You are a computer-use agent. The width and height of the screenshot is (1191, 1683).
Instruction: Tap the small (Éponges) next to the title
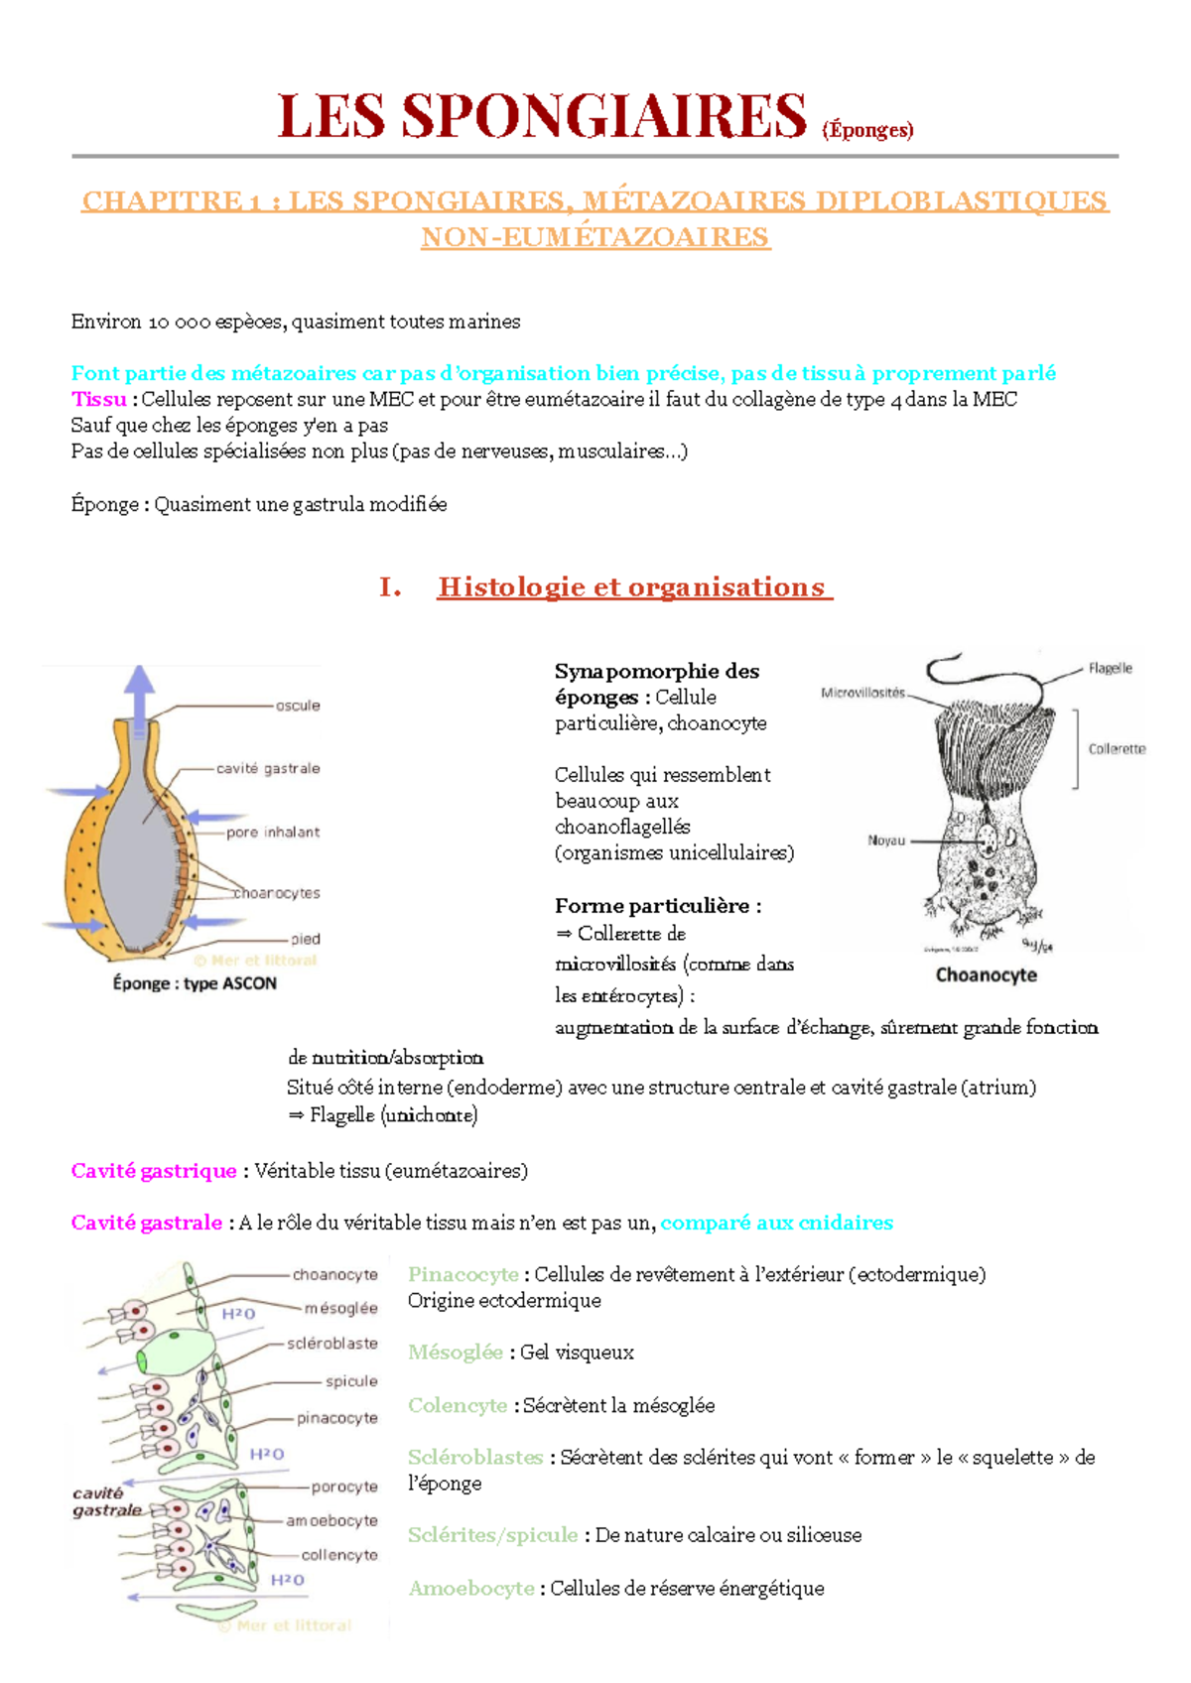tap(867, 130)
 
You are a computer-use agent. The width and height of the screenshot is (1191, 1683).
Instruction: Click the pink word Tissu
tap(98, 400)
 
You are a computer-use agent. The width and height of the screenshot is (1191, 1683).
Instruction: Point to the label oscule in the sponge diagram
tap(298, 706)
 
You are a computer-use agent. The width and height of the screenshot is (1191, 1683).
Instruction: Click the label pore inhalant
tap(273, 833)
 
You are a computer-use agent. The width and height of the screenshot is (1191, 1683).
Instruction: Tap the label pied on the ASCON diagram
tap(306, 939)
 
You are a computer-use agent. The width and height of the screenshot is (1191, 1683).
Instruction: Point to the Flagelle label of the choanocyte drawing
tap(1110, 669)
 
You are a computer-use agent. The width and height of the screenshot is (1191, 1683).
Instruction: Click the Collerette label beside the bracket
tap(1117, 749)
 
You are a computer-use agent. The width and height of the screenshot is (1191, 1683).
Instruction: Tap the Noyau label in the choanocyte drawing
tap(886, 841)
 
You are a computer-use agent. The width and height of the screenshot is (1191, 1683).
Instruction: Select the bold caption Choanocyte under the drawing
tap(986, 975)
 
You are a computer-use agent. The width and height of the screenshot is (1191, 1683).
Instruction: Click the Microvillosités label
tap(862, 693)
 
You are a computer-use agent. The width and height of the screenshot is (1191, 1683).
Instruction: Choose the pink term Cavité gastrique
tap(154, 1172)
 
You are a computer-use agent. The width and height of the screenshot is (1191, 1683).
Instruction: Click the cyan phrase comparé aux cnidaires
tap(776, 1224)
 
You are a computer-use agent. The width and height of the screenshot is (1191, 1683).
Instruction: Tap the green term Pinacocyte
tap(463, 1275)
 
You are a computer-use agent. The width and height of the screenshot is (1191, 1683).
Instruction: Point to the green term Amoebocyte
tap(471, 1589)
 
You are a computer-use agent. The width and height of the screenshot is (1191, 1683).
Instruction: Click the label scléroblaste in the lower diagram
tap(332, 1344)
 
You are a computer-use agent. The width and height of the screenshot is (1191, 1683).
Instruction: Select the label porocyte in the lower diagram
tap(344, 1487)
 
